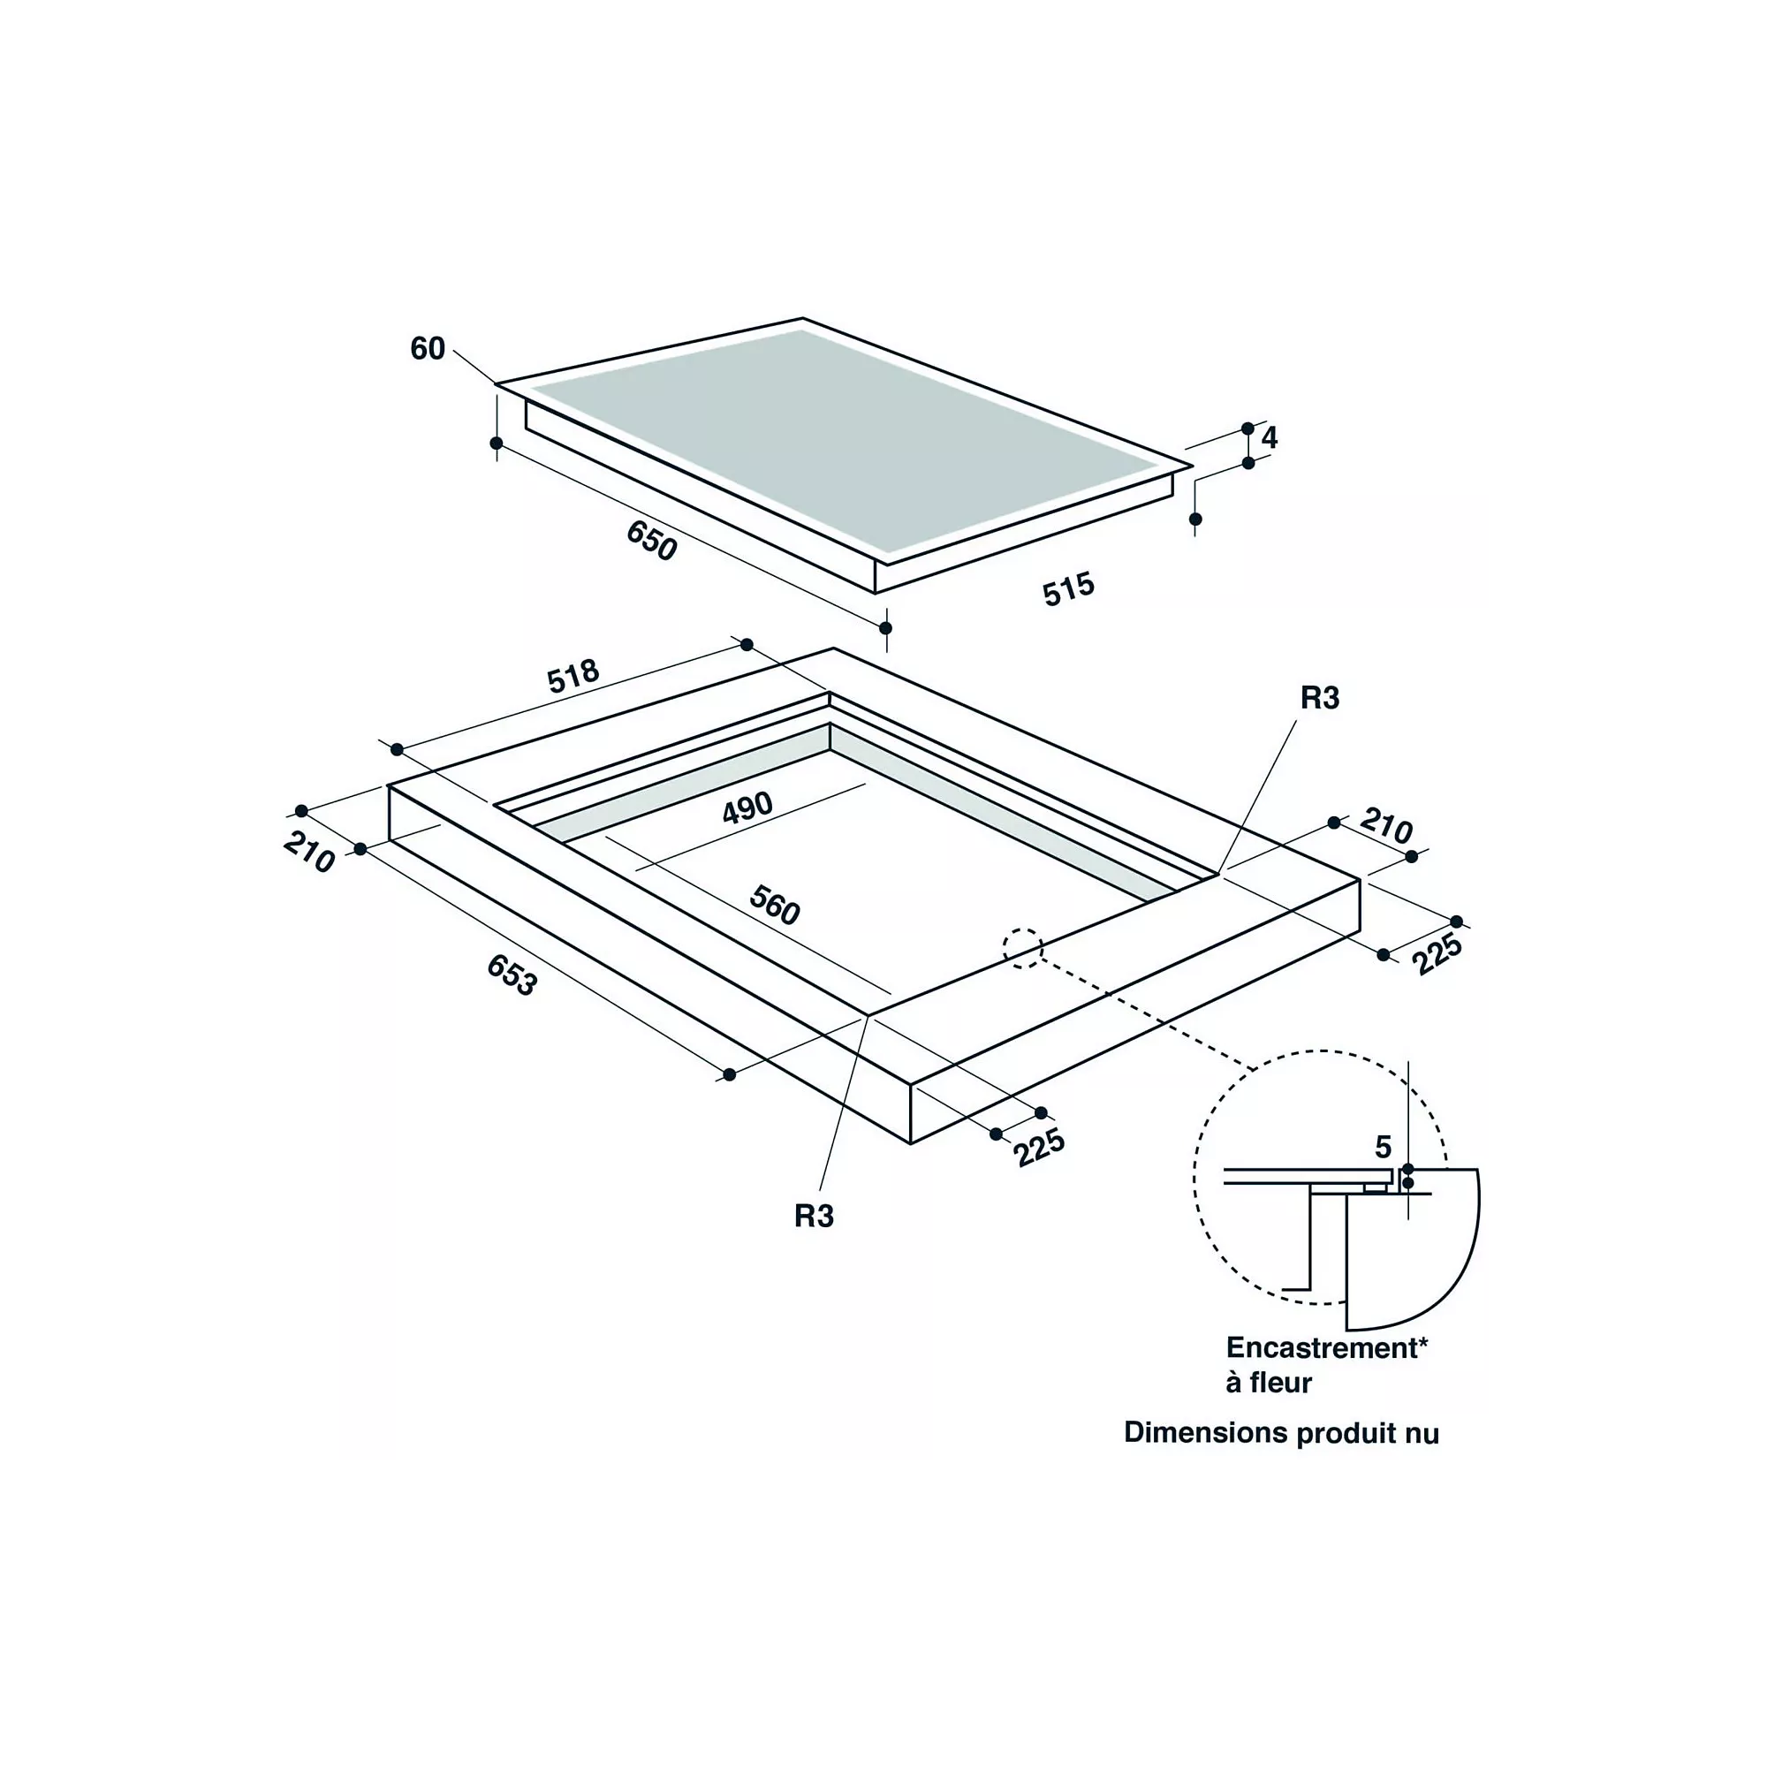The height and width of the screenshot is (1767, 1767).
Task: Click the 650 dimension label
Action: click(651, 540)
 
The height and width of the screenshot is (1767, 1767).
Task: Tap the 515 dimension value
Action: click(1068, 589)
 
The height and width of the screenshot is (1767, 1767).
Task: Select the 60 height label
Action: click(427, 348)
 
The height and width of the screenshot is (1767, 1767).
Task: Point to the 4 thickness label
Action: click(1269, 438)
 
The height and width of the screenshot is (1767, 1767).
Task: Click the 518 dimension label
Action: click(573, 676)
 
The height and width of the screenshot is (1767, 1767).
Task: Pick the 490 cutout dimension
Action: click(747, 808)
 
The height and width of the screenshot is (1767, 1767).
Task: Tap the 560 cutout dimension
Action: click(775, 906)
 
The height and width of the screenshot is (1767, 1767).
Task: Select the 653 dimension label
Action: click(512, 975)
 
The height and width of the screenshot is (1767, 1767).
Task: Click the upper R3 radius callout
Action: click(1320, 699)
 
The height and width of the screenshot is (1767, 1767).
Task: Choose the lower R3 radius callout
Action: click(814, 1217)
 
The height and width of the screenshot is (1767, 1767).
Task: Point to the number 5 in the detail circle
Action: click(1383, 1147)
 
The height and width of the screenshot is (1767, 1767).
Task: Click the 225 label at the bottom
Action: click(1039, 1148)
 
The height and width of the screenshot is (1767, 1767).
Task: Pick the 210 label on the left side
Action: click(309, 852)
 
